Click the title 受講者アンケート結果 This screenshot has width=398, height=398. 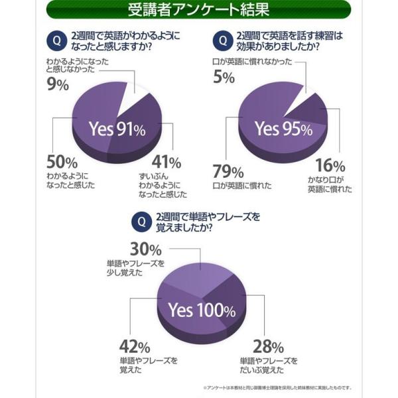[198, 11]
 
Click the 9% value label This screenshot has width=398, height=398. [58, 84]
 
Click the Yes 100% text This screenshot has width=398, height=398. [201, 310]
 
